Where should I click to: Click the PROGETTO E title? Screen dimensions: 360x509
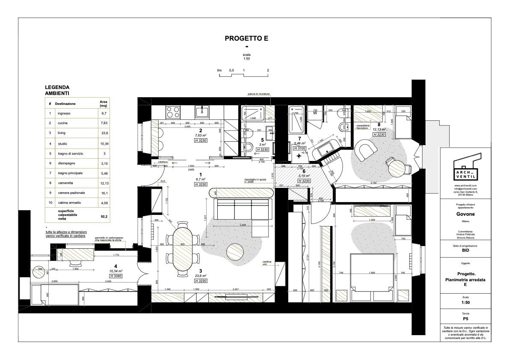click(x=246, y=38)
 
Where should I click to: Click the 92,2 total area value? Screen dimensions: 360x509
click(x=104, y=217)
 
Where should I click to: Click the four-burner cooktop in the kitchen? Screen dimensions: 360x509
click(x=173, y=112)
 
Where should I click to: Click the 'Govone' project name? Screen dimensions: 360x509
click(x=465, y=214)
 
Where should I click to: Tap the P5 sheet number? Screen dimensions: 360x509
click(x=465, y=319)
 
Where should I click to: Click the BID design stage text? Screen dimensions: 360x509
click(x=465, y=253)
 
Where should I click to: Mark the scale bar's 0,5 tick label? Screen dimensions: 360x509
click(x=231, y=70)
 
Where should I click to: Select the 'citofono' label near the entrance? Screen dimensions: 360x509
click(x=163, y=162)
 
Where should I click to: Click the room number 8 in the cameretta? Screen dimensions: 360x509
click(x=379, y=125)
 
